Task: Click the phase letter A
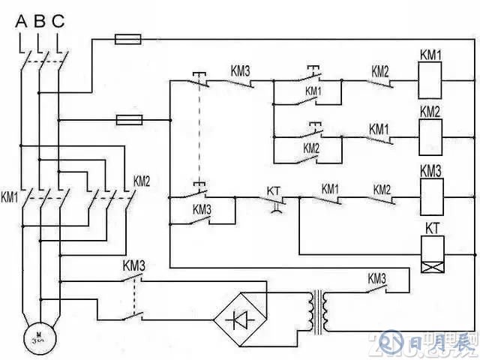click(21, 21)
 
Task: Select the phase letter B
click(40, 21)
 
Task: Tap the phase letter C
click(58, 21)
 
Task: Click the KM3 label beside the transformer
click(376, 278)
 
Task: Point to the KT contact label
click(274, 191)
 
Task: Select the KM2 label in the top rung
click(379, 72)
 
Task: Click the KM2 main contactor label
click(142, 181)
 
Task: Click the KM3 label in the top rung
click(239, 72)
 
